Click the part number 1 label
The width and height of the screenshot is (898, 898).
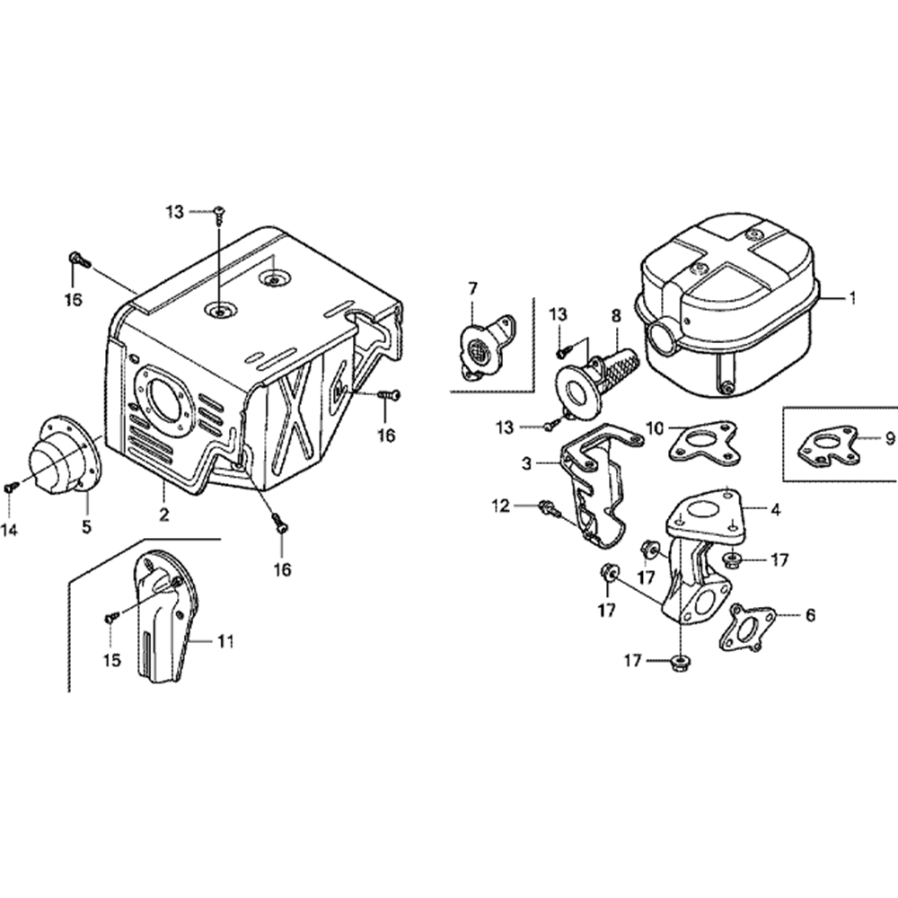click(x=853, y=296)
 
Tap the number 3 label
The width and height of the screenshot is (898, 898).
click(x=527, y=463)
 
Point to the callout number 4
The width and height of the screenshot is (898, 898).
click(x=775, y=509)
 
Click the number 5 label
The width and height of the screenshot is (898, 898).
click(x=87, y=527)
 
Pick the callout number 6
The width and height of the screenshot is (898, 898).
click(x=810, y=615)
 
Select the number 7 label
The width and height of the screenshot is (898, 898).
click(x=472, y=287)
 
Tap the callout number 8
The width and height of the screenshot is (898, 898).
click(x=616, y=315)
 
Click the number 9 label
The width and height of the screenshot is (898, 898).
click(x=889, y=438)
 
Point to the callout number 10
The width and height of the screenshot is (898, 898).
click(x=655, y=427)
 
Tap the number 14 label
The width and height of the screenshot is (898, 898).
click(x=9, y=531)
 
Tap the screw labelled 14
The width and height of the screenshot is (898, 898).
click(x=11, y=486)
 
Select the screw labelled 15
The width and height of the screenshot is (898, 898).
click(x=111, y=616)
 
